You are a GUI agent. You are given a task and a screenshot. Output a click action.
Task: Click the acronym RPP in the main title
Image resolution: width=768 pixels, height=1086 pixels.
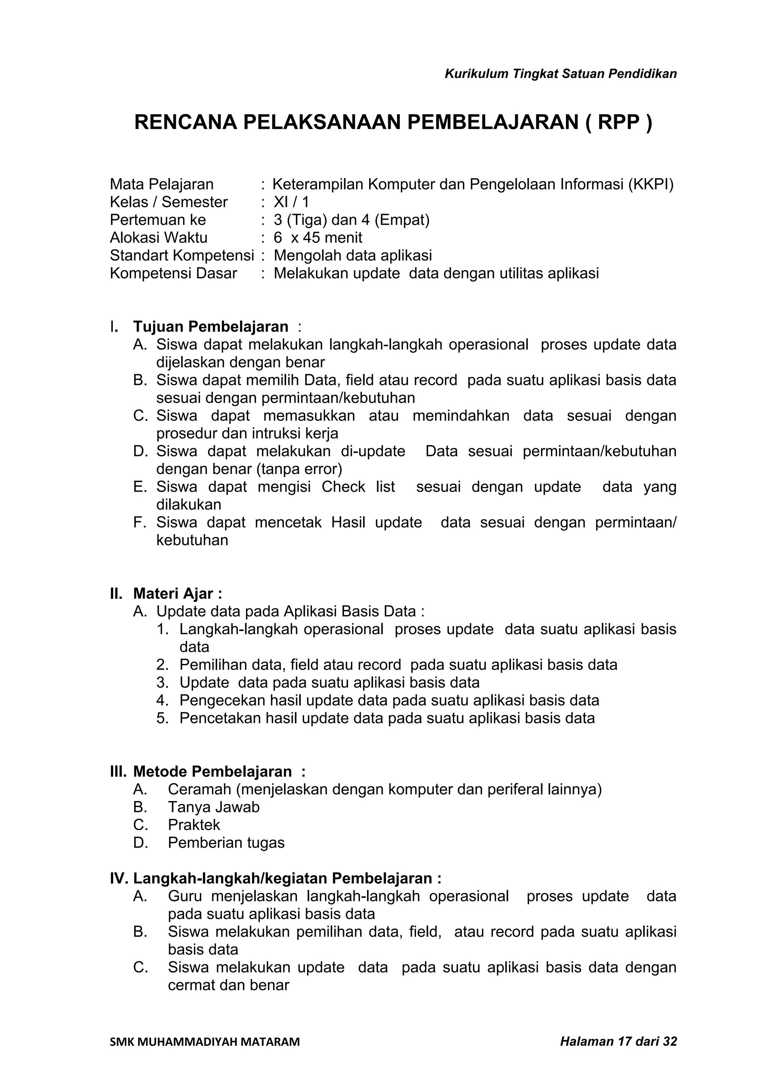tap(618, 123)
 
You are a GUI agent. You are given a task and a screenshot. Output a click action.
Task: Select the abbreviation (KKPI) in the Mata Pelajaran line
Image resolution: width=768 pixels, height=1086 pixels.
tap(651, 184)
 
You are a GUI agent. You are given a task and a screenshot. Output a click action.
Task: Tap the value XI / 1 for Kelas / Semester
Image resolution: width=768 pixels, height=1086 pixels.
tap(291, 202)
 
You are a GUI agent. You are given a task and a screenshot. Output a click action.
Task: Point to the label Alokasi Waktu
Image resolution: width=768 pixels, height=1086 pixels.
tap(159, 238)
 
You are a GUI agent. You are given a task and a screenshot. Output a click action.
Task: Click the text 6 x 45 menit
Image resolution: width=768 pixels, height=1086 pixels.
tap(318, 238)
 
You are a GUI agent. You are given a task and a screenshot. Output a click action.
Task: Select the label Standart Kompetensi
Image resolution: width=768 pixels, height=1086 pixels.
tap(182, 256)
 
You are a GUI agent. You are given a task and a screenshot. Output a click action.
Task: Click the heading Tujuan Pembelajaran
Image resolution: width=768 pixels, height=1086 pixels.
tap(211, 326)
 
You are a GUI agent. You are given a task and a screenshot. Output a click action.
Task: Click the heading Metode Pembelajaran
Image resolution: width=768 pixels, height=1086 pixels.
tap(213, 772)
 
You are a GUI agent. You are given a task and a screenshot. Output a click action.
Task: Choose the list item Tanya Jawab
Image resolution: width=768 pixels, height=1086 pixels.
tap(213, 807)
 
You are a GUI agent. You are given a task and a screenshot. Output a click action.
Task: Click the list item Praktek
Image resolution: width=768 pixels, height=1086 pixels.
tap(194, 825)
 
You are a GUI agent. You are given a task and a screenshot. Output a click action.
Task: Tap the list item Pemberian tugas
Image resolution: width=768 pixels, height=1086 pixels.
tap(226, 842)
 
